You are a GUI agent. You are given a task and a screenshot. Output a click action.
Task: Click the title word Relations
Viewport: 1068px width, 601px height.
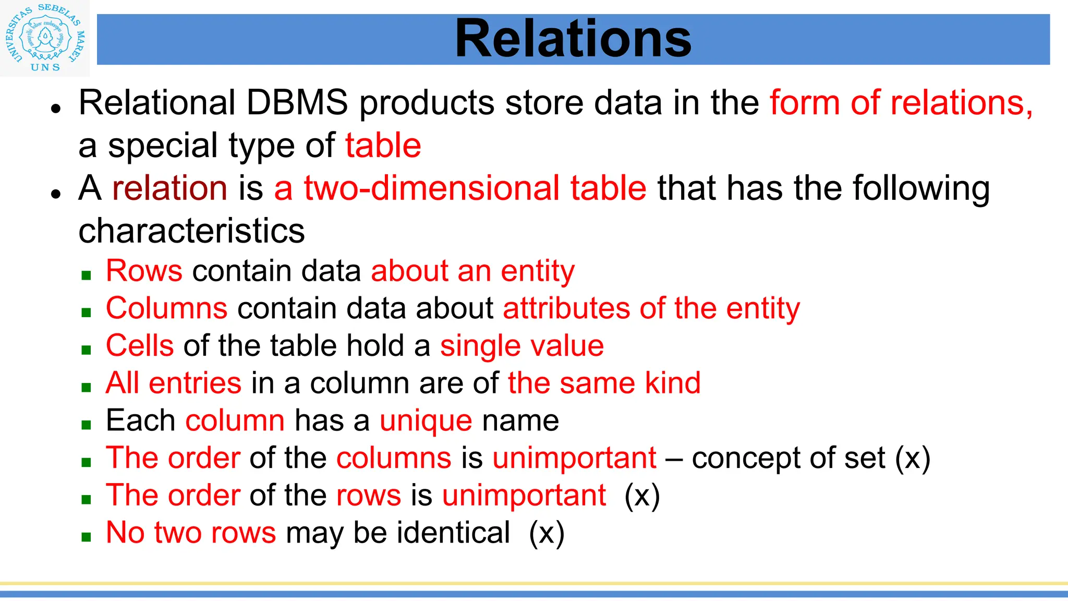coord(573,39)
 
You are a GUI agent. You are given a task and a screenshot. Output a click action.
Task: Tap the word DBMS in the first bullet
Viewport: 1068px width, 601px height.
coord(297,102)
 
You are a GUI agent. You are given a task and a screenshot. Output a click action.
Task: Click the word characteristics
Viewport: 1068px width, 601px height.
coord(191,231)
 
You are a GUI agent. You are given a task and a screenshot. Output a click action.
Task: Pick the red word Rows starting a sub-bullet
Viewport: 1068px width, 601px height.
coord(144,271)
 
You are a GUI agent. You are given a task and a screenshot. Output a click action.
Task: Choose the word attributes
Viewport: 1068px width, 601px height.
coord(566,308)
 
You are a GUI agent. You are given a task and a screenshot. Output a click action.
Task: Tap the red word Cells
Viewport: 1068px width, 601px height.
coord(140,345)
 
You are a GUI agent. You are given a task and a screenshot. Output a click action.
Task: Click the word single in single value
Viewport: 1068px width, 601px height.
coord(480,345)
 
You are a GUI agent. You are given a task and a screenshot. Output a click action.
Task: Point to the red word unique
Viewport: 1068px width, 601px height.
coord(426,420)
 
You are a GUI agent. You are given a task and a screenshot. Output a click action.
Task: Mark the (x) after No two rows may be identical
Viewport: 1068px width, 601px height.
coord(547,533)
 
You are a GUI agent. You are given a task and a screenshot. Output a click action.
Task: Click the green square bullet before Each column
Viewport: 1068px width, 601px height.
coord(87,425)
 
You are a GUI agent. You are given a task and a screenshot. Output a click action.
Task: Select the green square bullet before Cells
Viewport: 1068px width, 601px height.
coord(87,350)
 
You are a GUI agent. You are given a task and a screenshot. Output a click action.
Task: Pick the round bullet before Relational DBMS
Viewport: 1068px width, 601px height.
coord(56,108)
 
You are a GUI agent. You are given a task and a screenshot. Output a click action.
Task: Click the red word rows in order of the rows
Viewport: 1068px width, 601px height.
coord(369,495)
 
